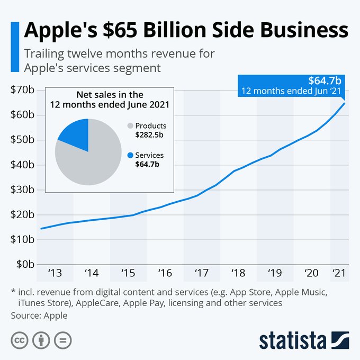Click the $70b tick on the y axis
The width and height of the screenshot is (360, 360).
click(22, 90)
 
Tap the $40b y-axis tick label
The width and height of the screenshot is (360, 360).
click(22, 165)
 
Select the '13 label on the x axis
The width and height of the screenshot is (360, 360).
click(55, 274)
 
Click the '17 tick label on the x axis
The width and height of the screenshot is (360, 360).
click(201, 274)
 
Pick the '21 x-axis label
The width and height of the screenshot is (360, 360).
click(338, 274)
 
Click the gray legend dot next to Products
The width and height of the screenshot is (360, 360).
click(130, 126)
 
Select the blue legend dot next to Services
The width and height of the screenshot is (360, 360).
click(130, 155)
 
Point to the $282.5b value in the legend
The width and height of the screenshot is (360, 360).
click(150, 135)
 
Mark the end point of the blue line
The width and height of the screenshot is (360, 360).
click(345, 103)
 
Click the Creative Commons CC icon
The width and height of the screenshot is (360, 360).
click(20, 339)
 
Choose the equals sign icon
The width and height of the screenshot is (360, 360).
click(62, 339)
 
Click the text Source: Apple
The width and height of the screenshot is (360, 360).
click(39, 316)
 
